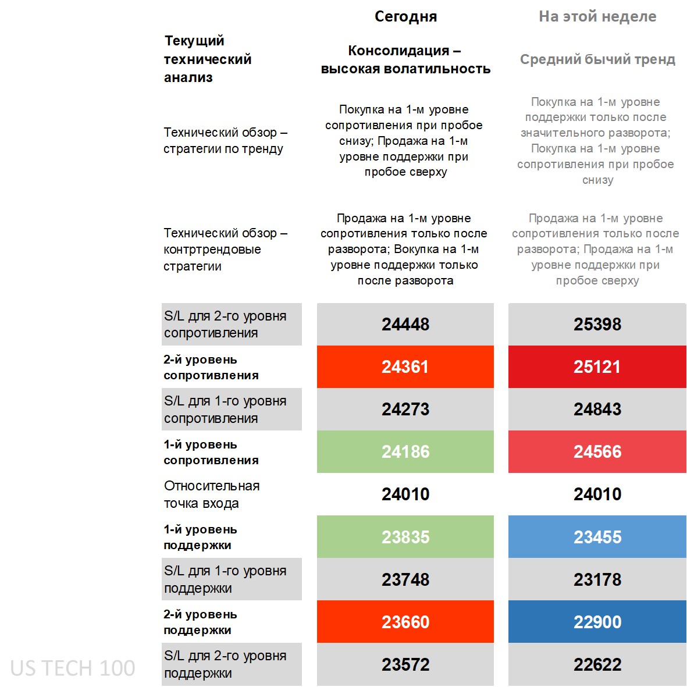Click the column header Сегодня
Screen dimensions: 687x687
click(x=405, y=16)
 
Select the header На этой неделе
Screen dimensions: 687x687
click(x=597, y=16)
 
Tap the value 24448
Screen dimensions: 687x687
click(x=405, y=324)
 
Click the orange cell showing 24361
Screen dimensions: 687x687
click(x=405, y=366)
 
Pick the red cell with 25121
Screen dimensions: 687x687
click(x=597, y=366)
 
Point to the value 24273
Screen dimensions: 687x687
click(x=405, y=409)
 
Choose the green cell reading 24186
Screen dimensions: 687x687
click(x=405, y=451)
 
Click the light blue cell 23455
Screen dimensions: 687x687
click(x=597, y=536)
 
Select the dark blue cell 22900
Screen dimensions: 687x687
click(x=597, y=622)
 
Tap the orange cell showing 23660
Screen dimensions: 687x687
click(x=405, y=622)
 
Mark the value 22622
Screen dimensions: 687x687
click(x=597, y=664)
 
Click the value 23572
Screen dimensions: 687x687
click(x=405, y=664)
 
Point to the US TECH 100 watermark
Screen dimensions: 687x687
click(x=73, y=668)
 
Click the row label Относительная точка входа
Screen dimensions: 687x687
click(x=212, y=494)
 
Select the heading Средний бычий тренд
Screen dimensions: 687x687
click(x=597, y=59)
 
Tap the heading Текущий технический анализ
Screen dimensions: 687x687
click(x=208, y=59)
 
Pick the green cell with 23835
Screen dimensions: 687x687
click(x=405, y=536)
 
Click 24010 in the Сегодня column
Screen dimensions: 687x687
click(x=405, y=494)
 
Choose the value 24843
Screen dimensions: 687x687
click(x=597, y=409)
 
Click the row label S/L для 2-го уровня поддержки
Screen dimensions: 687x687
click(x=225, y=664)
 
